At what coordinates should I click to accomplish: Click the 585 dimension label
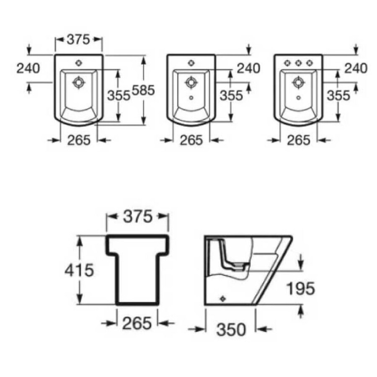(143, 90)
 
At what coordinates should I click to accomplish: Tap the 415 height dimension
(79, 270)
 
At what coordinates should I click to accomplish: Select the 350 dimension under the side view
(231, 329)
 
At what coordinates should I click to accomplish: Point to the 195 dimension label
(300, 288)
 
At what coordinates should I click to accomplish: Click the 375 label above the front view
(138, 216)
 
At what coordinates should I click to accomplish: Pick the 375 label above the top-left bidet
(78, 39)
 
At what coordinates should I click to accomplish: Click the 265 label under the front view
(137, 323)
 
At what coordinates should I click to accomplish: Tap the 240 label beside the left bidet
(28, 68)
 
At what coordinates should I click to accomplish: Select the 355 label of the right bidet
(338, 96)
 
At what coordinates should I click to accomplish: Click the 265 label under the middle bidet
(191, 140)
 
